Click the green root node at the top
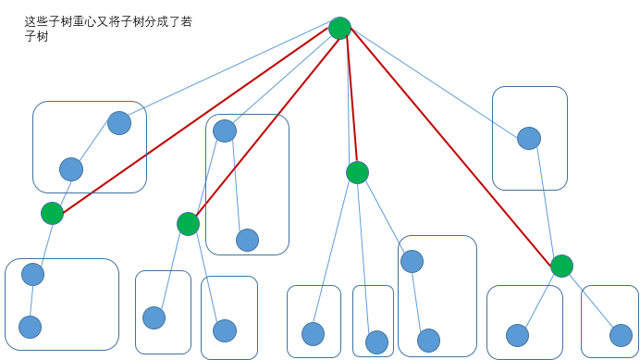339,28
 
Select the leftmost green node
53,214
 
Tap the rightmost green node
561,267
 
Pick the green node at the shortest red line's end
357,172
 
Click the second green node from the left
188,224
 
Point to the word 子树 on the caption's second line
36,36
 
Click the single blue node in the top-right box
529,139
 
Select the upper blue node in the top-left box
119,123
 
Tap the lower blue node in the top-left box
71,169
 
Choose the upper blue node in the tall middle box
225,131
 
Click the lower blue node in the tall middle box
247,240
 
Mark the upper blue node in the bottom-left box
33,274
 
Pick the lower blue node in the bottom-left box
31,327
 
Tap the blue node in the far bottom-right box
621,335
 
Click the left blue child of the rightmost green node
518,335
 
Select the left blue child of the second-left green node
154,317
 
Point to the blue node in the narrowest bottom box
376,342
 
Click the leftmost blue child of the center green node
314,334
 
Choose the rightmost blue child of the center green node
412,261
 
